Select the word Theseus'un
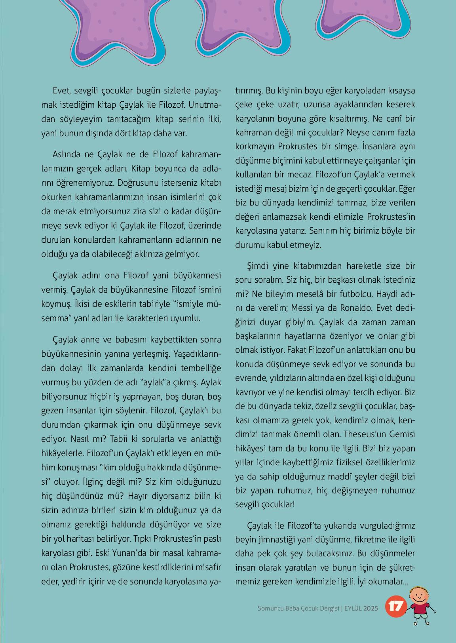[x=365, y=434]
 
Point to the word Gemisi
[x=403, y=434]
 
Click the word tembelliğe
[x=199, y=368]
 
